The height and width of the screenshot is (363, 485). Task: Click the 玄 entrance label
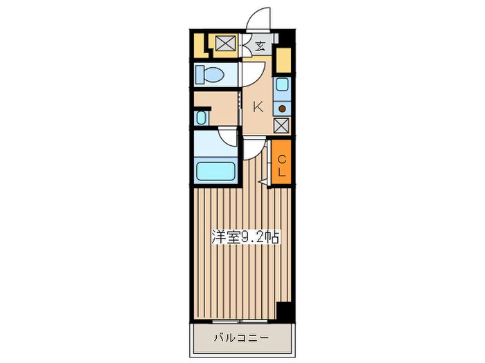260,46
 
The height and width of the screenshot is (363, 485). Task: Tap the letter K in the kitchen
258,107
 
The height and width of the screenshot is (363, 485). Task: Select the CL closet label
281,166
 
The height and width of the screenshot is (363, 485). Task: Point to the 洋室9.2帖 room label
245,237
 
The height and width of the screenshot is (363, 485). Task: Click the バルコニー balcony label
242,337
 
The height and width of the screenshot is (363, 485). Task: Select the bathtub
215,171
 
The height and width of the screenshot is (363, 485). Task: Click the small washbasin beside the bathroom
201,118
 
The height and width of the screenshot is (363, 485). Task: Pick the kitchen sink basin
282,84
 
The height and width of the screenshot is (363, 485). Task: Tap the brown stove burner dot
282,109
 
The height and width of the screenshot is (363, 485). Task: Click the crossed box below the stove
282,125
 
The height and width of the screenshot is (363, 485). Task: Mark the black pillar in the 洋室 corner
283,312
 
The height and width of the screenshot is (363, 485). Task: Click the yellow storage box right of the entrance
283,60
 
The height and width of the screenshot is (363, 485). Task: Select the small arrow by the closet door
263,182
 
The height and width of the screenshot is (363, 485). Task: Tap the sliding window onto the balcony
240,322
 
